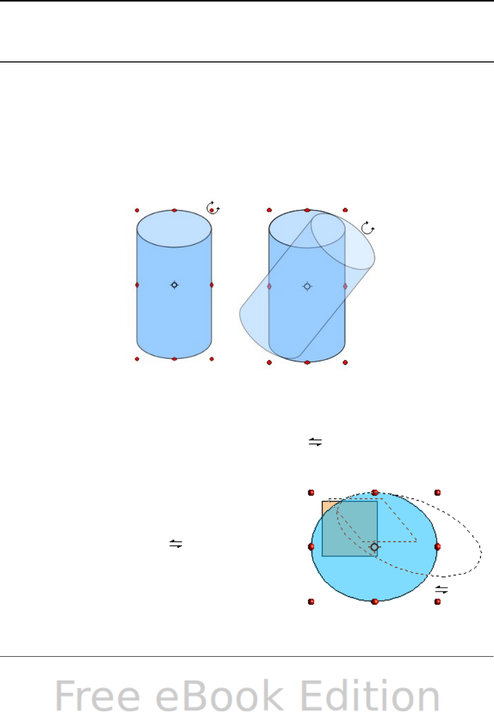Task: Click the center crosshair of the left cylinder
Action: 174,285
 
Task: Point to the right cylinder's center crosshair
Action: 307,287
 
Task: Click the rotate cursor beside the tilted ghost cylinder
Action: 368,228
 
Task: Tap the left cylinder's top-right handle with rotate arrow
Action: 212,208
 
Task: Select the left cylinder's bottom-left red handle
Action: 137,359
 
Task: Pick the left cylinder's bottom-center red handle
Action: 174,359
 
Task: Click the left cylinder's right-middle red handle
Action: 211,285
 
